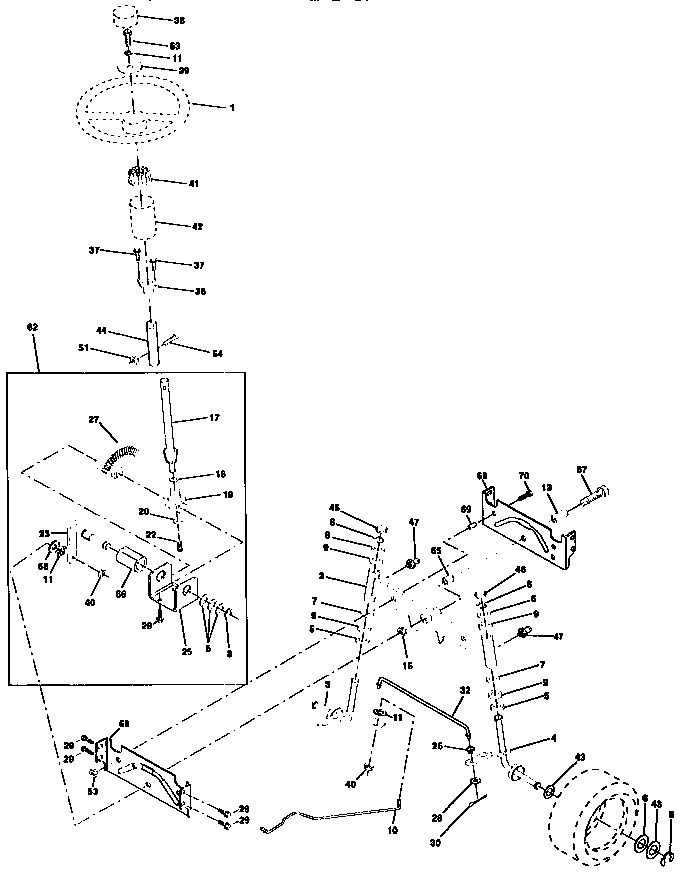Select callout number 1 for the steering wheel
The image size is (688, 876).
click(232, 106)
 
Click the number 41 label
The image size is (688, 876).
click(194, 183)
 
